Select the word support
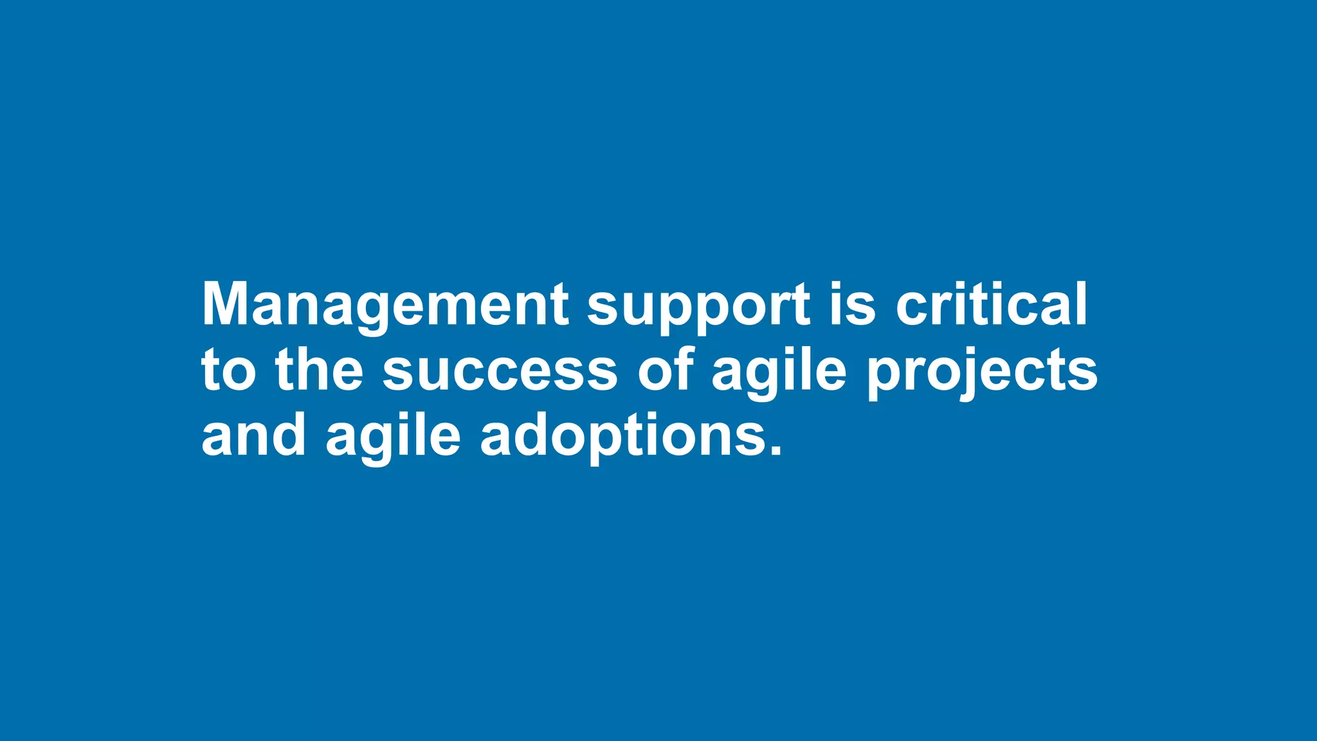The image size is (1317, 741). tap(698, 307)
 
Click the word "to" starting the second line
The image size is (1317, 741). tap(228, 371)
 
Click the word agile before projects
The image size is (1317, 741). tap(779, 373)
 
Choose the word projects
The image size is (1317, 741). tap(982, 373)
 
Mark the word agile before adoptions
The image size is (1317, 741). tap(393, 439)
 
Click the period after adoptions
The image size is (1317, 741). tap(776, 450)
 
